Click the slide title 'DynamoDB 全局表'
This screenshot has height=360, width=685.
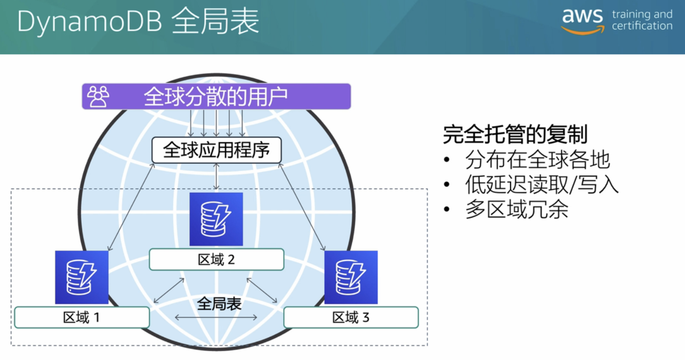[x=138, y=22]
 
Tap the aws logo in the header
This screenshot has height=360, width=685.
[x=583, y=21]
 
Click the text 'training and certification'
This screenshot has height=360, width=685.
[x=642, y=20]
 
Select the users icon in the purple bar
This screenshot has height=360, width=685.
[x=98, y=97]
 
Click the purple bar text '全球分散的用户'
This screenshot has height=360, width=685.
[x=216, y=97]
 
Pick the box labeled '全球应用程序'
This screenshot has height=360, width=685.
[x=216, y=150]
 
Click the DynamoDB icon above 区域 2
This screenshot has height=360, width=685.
[x=216, y=219]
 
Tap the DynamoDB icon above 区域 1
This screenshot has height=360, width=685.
[x=82, y=277]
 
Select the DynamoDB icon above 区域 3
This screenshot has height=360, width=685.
[x=351, y=277]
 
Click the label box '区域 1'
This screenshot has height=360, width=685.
[x=82, y=318]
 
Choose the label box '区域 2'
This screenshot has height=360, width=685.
[x=216, y=259]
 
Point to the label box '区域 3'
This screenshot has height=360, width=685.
[x=351, y=318]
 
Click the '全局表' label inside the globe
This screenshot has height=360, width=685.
[x=219, y=304]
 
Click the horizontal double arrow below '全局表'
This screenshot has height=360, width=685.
[x=216, y=318]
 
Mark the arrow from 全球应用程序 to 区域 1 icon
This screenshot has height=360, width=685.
[x=131, y=207]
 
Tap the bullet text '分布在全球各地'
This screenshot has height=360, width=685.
[x=538, y=159]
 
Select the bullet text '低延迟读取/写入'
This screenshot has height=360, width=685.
[x=542, y=184]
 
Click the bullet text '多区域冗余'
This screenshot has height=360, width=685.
[x=517, y=210]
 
